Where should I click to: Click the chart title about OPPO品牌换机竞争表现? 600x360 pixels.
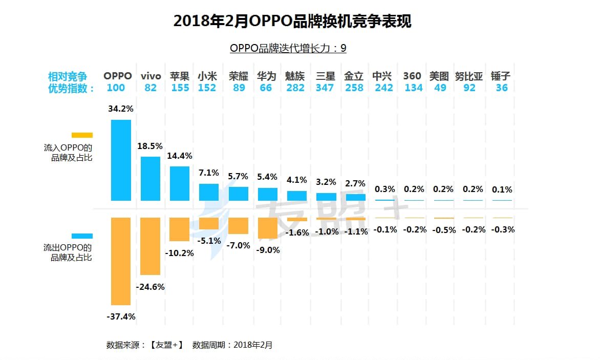pyautogui.click(x=292, y=21)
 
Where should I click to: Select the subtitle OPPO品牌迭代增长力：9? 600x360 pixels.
pyautogui.click(x=288, y=48)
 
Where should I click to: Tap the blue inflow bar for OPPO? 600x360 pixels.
pyautogui.click(x=121, y=160)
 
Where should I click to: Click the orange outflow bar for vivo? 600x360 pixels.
pyautogui.click(x=151, y=246)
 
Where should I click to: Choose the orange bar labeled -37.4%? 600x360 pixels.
pyautogui.click(x=121, y=261)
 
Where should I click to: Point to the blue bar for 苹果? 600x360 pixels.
pyautogui.click(x=180, y=183)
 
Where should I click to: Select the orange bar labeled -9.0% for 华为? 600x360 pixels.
pyautogui.click(x=268, y=228)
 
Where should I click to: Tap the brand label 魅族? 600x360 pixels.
pyautogui.click(x=295, y=76)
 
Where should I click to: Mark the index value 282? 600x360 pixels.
pyautogui.click(x=295, y=88)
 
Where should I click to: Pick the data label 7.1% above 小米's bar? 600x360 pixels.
pyautogui.click(x=209, y=173)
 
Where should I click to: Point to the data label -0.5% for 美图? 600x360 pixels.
pyautogui.click(x=443, y=230)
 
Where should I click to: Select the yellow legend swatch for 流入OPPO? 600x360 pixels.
pyautogui.click(x=82, y=135)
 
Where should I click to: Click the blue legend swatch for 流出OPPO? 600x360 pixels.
pyautogui.click(x=82, y=236)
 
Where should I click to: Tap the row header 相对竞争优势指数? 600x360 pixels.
pyautogui.click(x=71, y=82)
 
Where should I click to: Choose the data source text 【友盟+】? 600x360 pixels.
pyautogui.click(x=166, y=345)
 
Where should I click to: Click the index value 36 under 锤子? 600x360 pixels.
pyautogui.click(x=502, y=88)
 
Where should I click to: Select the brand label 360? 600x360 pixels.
pyautogui.click(x=412, y=76)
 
